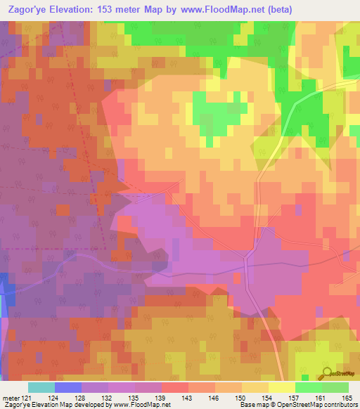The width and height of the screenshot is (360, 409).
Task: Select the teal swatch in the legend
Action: [41, 387]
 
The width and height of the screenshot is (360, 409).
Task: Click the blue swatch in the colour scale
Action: [68, 387]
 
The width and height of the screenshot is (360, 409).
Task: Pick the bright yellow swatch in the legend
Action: [282, 387]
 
